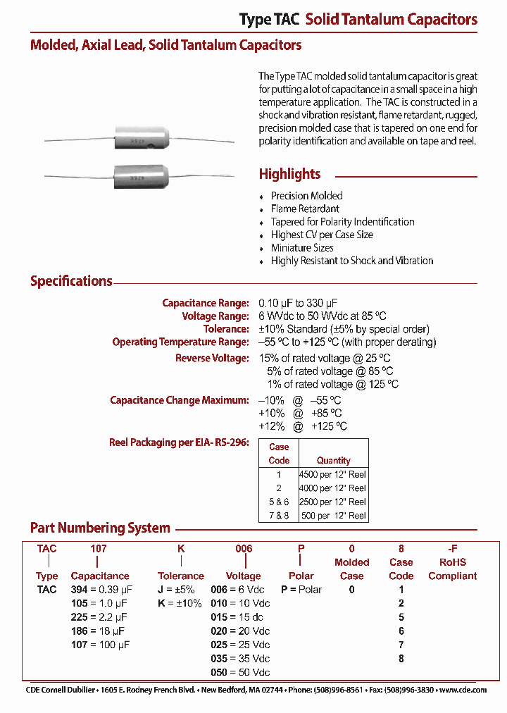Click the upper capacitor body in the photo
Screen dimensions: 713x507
140,139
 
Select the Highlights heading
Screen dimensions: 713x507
289,174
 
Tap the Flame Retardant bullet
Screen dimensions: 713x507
305,209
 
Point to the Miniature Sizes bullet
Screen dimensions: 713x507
302,247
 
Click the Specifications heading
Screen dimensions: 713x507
71,281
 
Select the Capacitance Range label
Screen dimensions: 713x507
205,303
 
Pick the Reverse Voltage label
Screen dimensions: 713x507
212,358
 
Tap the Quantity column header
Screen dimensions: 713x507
334,460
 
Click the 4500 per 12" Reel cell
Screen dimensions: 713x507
334,474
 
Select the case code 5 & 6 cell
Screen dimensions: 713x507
279,502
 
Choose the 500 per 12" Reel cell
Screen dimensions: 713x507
334,516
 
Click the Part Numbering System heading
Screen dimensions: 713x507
100,528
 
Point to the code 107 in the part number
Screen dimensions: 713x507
97,548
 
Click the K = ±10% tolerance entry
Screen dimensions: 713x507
180,603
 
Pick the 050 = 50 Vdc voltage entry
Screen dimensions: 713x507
240,672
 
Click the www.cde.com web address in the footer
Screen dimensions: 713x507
463,690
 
